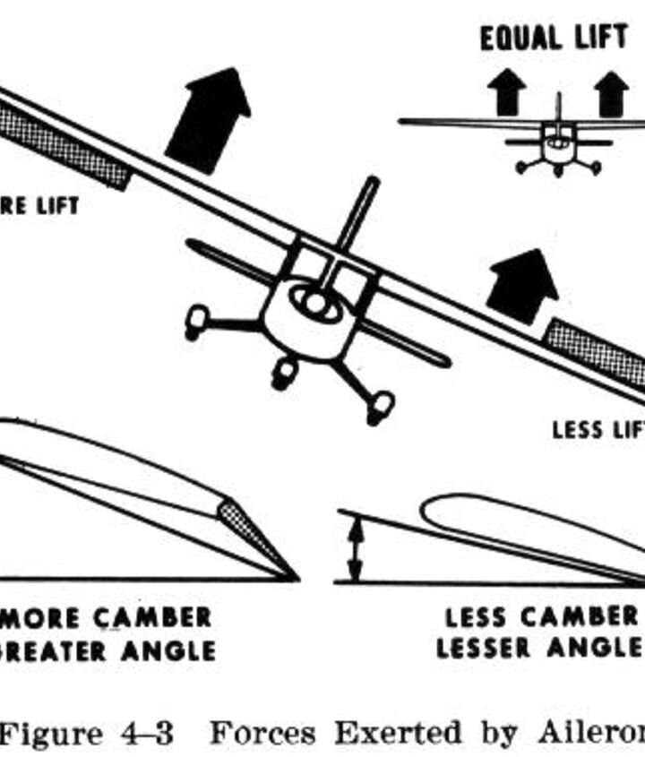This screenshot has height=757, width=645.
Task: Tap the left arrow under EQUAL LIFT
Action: (x=507, y=90)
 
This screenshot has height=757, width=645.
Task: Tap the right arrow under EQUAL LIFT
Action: (x=611, y=91)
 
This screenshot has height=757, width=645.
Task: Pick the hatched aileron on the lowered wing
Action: (x=596, y=354)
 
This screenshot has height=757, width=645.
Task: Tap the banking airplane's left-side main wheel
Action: (x=197, y=321)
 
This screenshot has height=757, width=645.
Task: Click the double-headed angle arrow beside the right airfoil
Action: (x=357, y=548)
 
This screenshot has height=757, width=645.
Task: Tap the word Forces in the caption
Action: (x=262, y=734)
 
